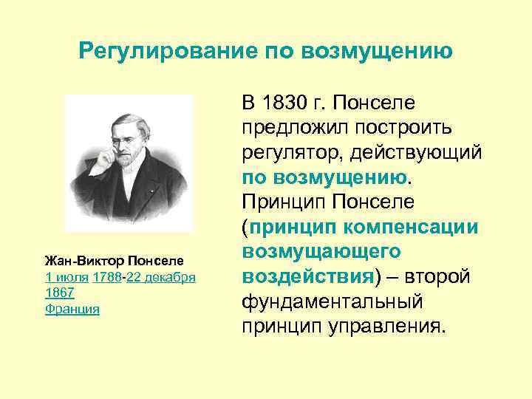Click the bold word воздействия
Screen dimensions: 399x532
coord(306,277)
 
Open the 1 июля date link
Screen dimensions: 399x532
coord(66,277)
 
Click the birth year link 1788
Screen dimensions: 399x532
coord(109,277)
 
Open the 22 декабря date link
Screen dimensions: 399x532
coord(161,277)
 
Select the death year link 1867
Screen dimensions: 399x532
coord(60,293)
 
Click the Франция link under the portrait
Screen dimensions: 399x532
coord(72,308)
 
